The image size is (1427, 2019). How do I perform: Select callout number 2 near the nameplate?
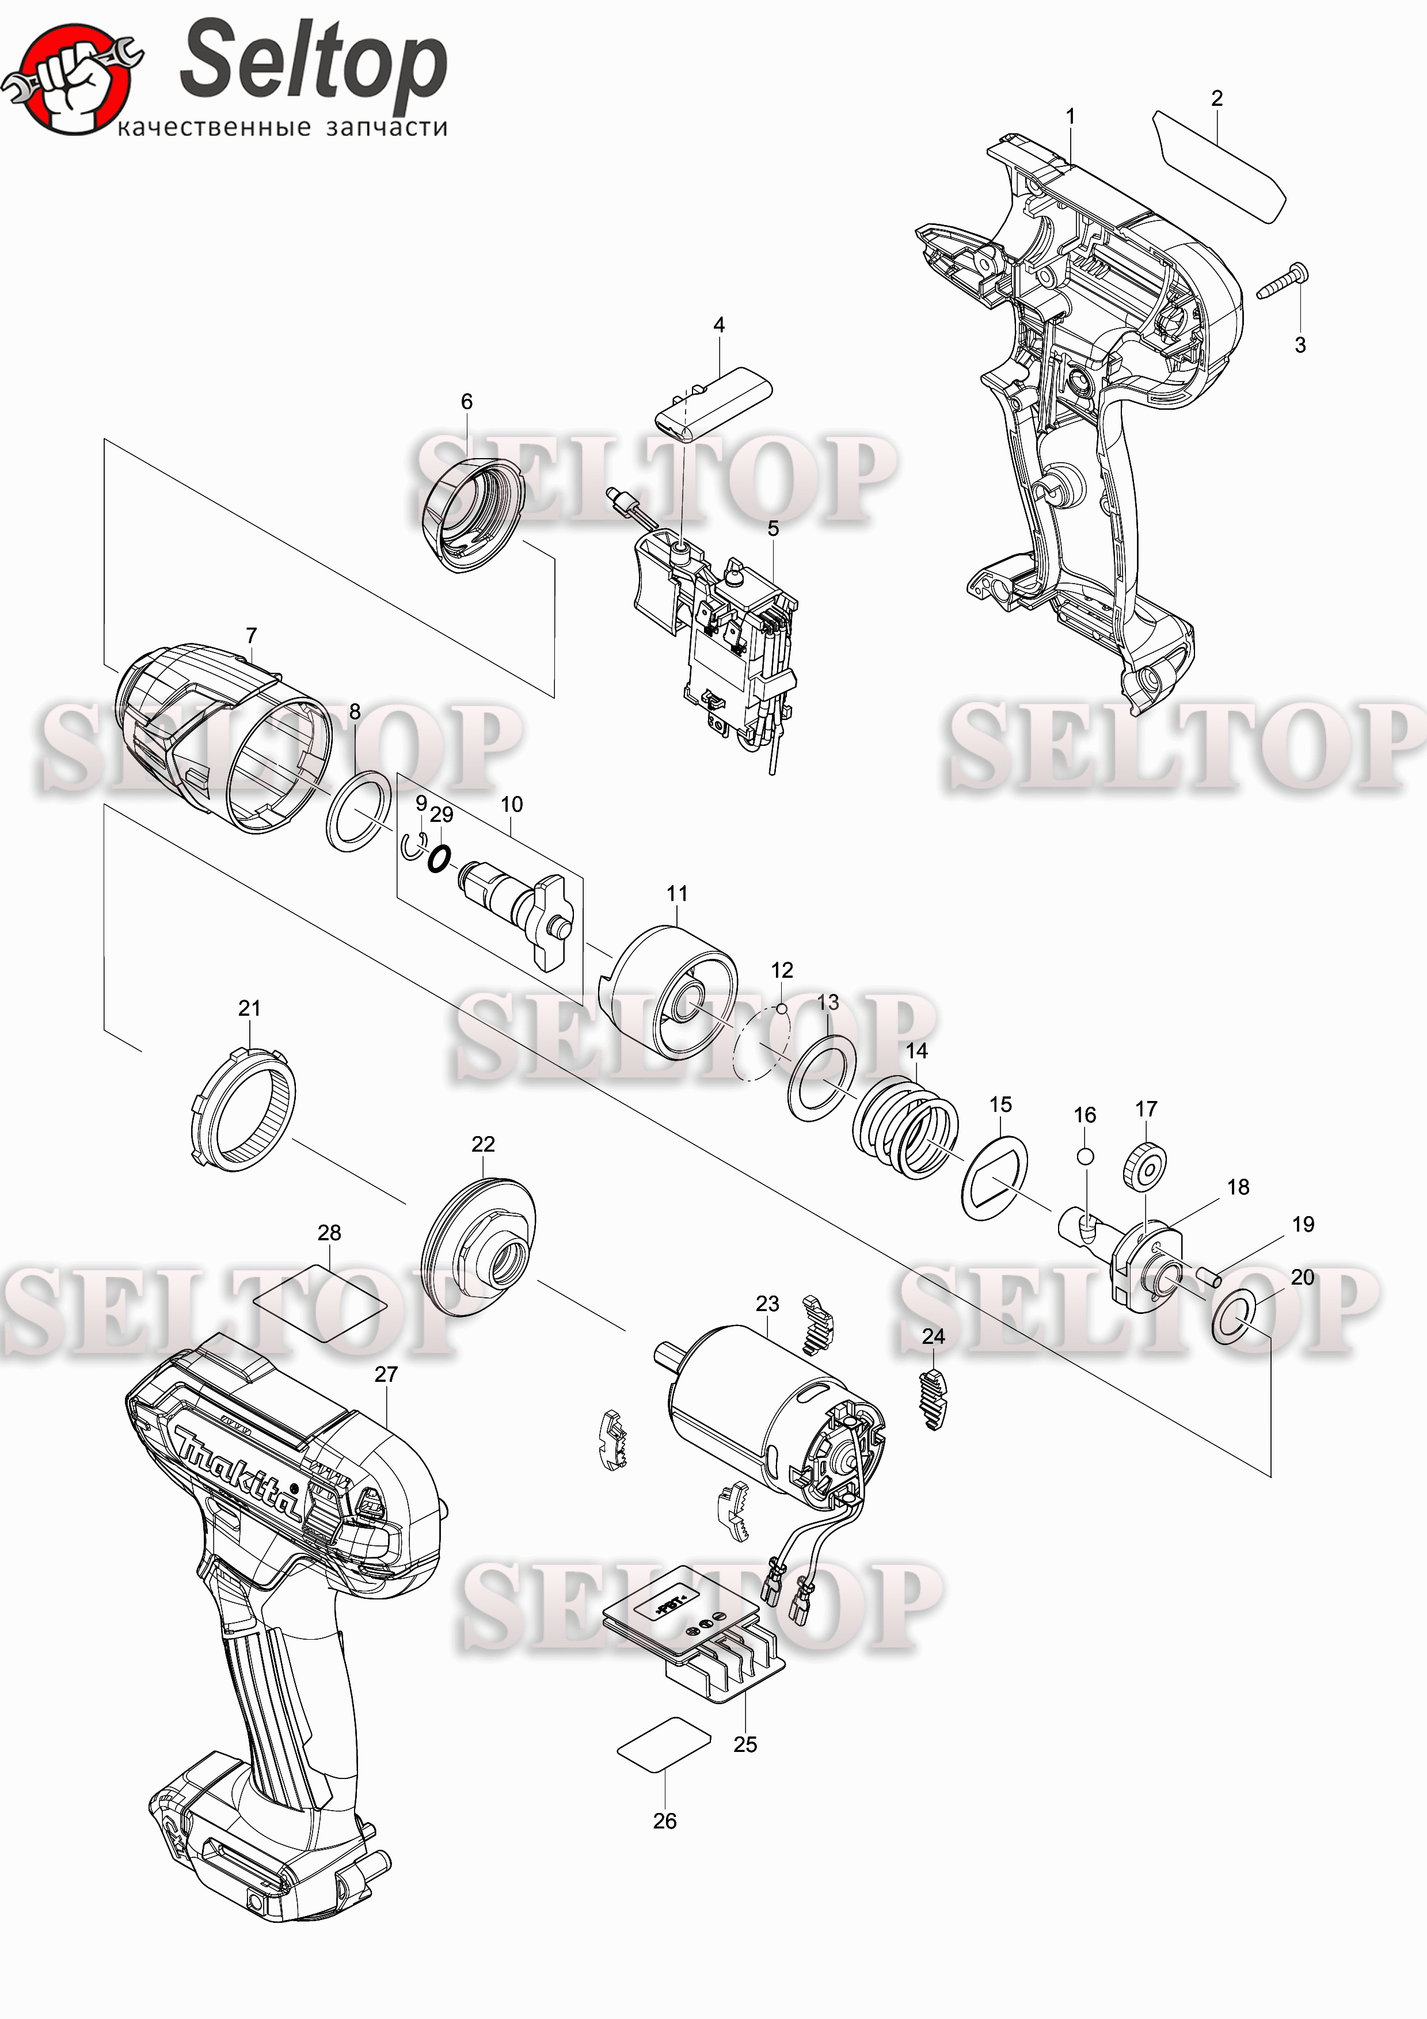click(x=1217, y=98)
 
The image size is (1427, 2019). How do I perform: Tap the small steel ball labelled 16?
click(x=1085, y=1156)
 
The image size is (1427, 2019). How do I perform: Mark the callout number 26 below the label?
click(x=665, y=1820)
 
